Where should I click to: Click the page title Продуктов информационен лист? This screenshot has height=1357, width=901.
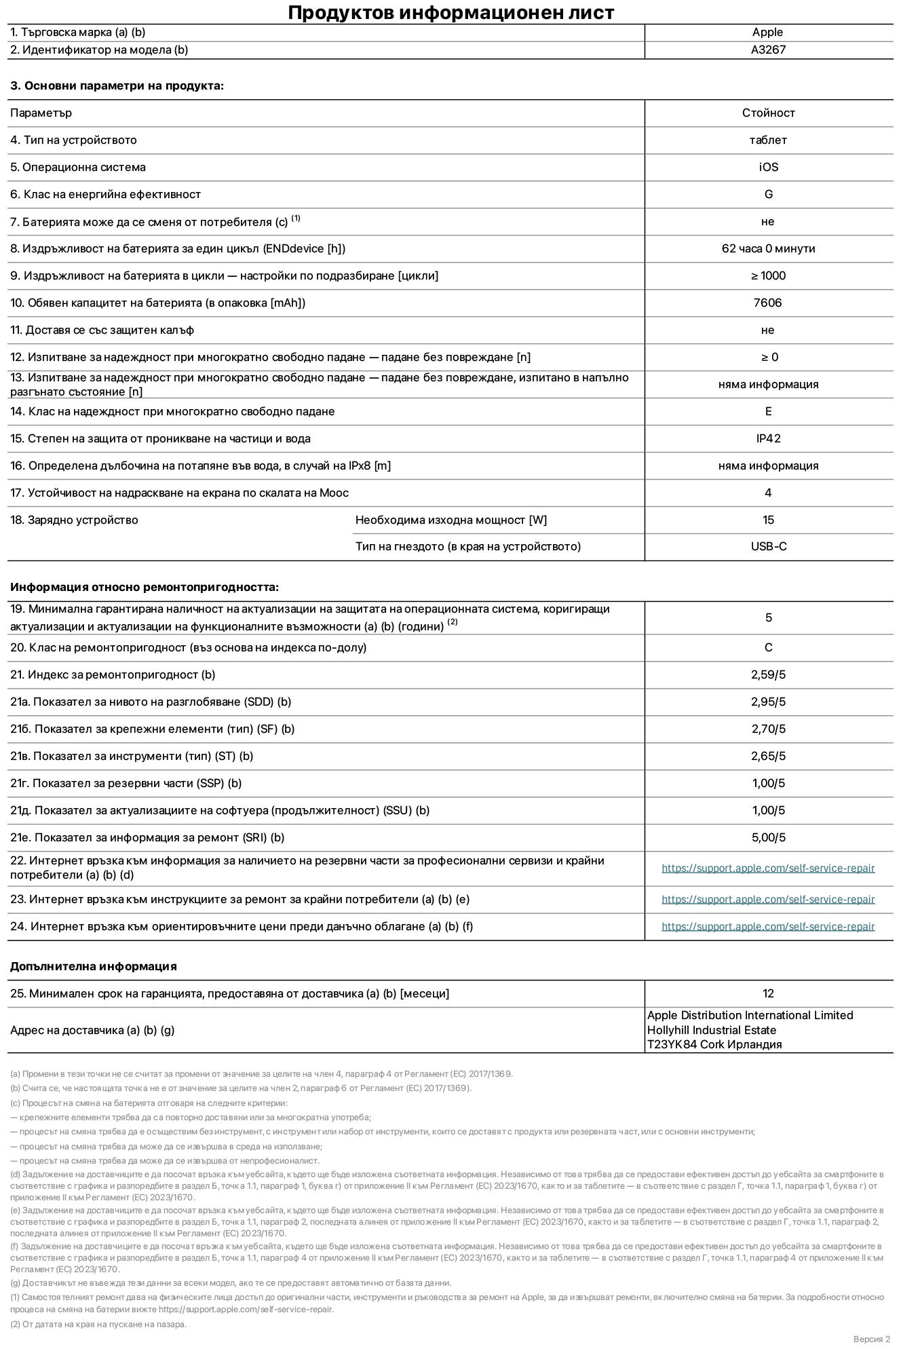coord(450,13)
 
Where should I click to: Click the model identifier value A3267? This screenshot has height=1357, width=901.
coord(768,50)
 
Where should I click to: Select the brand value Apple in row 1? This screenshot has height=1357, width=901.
coord(767,32)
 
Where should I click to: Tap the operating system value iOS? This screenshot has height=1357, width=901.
coord(768,167)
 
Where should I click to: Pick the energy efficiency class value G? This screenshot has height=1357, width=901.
coord(768,194)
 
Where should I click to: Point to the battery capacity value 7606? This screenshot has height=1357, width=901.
coord(767,303)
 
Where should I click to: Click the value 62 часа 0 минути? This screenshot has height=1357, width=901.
coord(768,248)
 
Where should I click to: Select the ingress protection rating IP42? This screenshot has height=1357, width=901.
coord(768,438)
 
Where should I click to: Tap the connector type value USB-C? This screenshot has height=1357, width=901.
coord(768,546)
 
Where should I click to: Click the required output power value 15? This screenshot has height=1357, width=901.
coord(768,520)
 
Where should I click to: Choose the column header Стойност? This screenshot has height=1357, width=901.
coord(768,113)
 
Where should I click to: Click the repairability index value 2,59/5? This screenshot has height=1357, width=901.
coord(768,674)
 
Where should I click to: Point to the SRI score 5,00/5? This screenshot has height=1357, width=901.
coord(768,837)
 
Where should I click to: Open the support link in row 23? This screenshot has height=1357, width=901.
coord(768,899)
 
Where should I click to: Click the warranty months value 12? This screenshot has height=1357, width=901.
coord(768,993)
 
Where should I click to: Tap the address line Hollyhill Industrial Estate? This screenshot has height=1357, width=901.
coord(711,1030)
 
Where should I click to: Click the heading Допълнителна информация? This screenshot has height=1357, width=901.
coord(93,966)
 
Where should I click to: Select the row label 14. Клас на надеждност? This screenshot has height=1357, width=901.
coord(172,411)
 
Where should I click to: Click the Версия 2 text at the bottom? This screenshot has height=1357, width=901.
coord(871,1339)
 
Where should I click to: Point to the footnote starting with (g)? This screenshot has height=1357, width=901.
coord(231,1282)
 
